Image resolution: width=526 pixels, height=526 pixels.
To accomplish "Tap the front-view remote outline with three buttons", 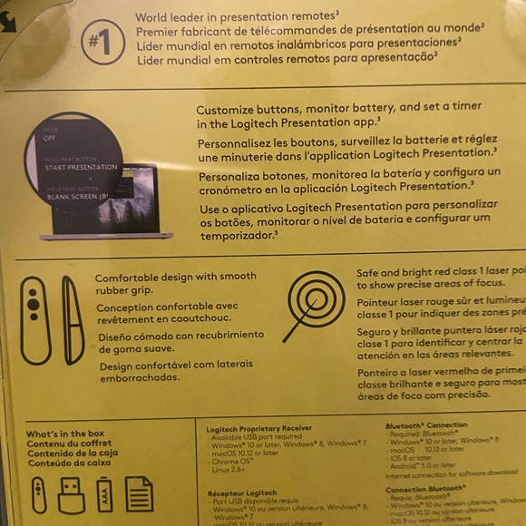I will coord(34,319).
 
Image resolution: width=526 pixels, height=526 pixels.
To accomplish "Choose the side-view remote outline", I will coord(73,319).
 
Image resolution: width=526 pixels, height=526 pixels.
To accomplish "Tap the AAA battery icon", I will coord(104,494).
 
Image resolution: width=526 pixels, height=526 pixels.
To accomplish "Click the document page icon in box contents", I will coord(139,494).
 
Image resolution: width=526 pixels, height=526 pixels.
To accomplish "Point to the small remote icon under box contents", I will coord(38,494).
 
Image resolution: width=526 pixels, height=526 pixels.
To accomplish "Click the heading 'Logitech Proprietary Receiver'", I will coord(259,428).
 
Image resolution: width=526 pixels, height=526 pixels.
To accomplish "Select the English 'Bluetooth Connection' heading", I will coord(426,424).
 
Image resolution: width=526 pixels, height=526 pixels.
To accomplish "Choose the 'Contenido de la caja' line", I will coord(72,453).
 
